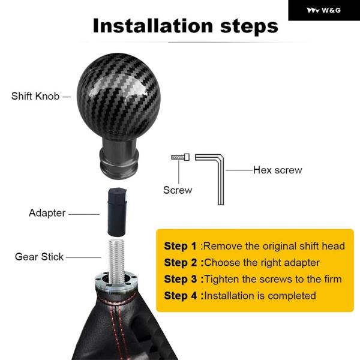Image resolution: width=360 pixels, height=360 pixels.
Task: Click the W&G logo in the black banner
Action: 324,10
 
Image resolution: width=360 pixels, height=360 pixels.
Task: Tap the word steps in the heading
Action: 249,27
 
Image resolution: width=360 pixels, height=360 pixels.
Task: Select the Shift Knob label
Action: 35,96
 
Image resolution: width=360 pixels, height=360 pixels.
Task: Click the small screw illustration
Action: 180,157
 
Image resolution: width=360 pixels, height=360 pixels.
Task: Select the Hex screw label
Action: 278,170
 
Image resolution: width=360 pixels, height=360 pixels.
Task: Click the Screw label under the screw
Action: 178,190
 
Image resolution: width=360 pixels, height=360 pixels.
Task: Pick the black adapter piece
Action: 117,212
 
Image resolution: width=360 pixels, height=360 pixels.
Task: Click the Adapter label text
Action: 47,213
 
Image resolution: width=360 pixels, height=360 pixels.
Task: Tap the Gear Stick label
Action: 39,257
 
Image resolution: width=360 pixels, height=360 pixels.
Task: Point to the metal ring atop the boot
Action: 116,281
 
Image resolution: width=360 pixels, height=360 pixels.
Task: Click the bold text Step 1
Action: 180,246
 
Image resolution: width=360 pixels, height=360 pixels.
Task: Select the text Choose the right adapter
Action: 262,263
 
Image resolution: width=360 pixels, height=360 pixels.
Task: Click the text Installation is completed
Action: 260,296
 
